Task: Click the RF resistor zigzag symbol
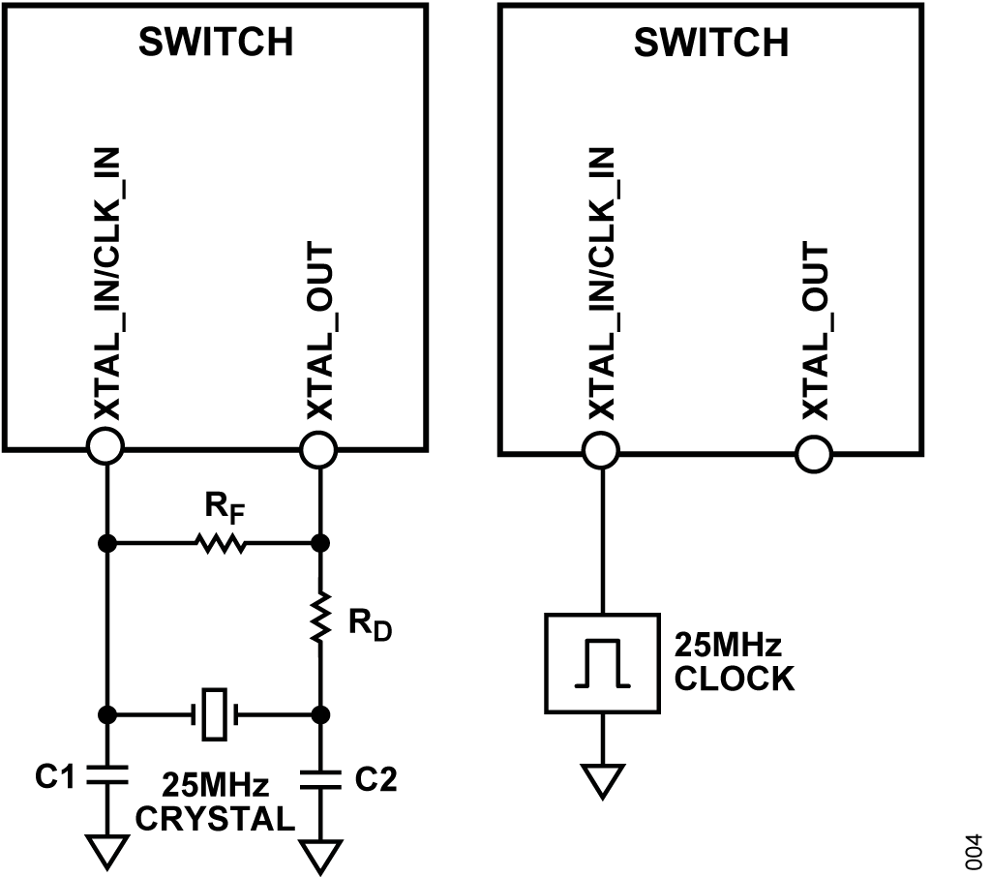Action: point(221,543)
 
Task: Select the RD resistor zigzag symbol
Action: point(320,618)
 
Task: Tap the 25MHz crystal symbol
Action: point(214,714)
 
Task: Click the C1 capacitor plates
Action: point(106,774)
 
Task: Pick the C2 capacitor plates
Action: point(320,779)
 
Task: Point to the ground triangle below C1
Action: point(106,852)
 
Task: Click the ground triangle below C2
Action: point(320,857)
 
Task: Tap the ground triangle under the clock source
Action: point(602,782)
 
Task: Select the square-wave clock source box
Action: point(602,663)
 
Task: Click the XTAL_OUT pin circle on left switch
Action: point(318,449)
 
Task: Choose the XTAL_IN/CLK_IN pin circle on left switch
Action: point(105,446)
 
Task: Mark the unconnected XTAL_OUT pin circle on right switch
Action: point(813,453)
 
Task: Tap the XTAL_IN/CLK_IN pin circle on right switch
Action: point(600,451)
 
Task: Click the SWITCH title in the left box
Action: point(216,42)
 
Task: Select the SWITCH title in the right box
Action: point(711,43)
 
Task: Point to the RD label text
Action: point(371,626)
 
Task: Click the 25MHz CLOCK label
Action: point(734,662)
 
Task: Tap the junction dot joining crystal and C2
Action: point(321,715)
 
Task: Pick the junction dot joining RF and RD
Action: point(321,543)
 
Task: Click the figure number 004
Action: point(974,852)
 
